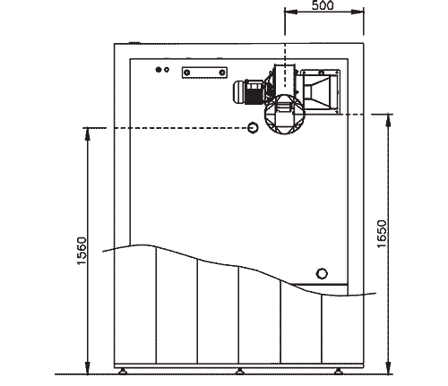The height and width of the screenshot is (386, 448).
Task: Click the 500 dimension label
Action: pos(323,5)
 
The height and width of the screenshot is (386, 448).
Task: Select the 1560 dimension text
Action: pos(82,251)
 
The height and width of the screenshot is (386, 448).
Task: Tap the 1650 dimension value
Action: pos(382,234)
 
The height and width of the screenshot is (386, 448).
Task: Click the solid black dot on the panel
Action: pos(159,70)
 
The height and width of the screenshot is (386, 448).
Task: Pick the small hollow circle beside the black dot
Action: pos(167,70)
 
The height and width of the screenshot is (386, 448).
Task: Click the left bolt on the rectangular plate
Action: pos(187,73)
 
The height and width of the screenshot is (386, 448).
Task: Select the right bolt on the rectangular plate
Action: pos(222,73)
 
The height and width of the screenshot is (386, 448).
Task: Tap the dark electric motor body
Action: pos(249,92)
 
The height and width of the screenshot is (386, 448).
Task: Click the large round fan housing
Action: pos(285,115)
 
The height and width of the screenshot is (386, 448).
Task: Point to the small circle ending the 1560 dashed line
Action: pos(253,128)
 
